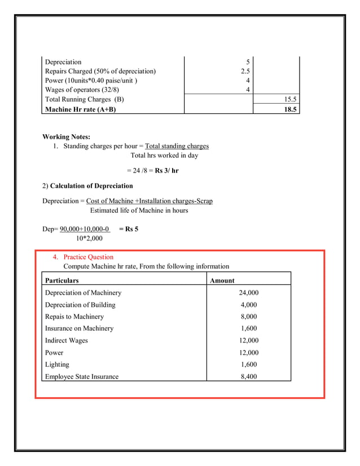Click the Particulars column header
point(62,280)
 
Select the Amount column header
point(222,280)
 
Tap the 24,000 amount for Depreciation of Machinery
point(249,293)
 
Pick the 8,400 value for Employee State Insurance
point(249,376)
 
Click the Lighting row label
point(57,364)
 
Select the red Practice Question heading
point(88,257)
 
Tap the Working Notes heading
point(66,137)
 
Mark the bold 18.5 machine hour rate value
point(290,109)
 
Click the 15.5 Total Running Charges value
point(290,100)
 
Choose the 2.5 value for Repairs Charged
point(245,71)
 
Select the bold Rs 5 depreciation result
point(129,229)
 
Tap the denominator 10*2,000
point(89,239)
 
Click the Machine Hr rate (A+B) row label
point(81,109)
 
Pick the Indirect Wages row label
point(67,340)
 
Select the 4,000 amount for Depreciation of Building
point(249,305)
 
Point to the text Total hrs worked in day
point(164,156)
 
